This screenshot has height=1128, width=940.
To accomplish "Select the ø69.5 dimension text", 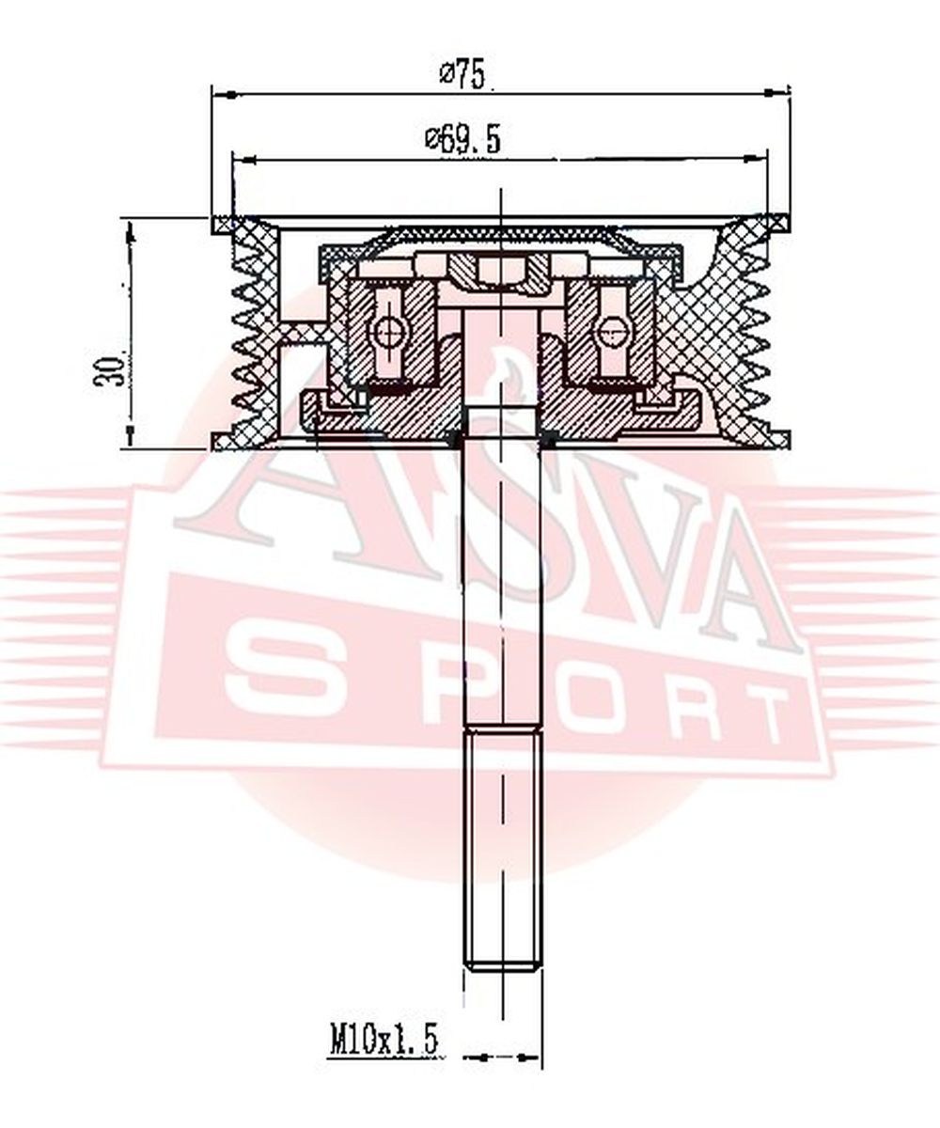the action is pyautogui.click(x=462, y=139).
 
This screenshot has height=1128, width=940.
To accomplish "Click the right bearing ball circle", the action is pyautogui.click(x=611, y=331).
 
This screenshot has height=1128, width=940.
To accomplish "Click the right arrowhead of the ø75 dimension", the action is pyautogui.click(x=778, y=94).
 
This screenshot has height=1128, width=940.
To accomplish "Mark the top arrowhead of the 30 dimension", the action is pyautogui.click(x=131, y=232).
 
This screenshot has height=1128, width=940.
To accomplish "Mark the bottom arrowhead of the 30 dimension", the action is pyautogui.click(x=131, y=435).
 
